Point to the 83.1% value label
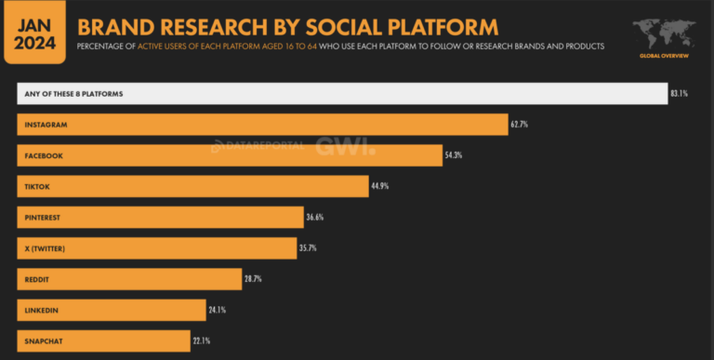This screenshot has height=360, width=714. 681,94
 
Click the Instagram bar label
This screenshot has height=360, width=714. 47,124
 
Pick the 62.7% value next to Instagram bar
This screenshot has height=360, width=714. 522,124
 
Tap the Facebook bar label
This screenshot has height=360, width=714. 45,155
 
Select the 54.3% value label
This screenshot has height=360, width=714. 455,155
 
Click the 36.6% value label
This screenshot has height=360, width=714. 315,218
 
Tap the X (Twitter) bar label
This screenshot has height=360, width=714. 46,248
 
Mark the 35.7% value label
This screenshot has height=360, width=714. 309,248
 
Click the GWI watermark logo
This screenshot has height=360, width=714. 345,146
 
